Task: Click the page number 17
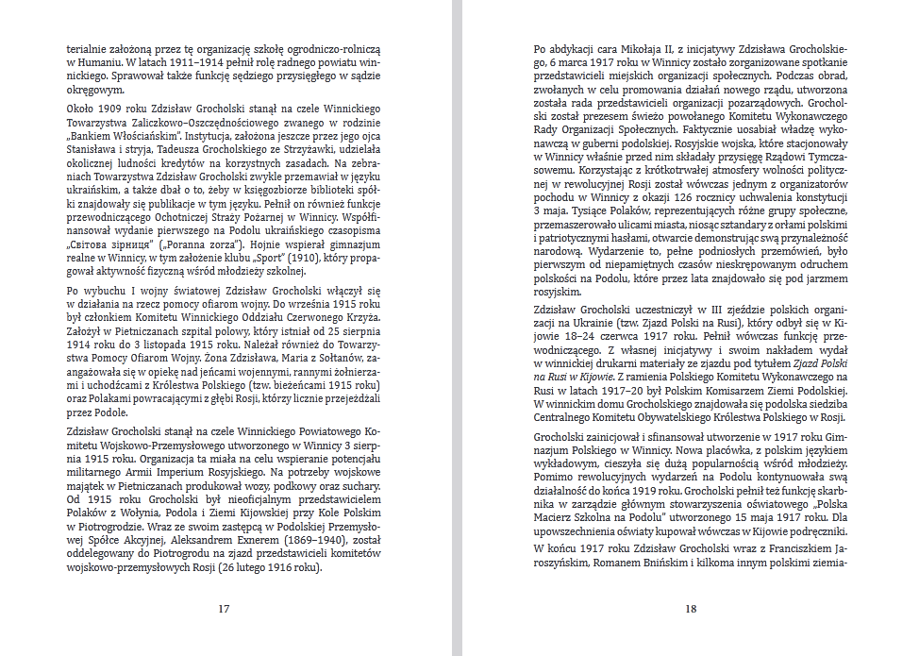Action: click(224, 609)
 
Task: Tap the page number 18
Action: click(690, 609)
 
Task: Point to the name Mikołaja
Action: click(642, 47)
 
